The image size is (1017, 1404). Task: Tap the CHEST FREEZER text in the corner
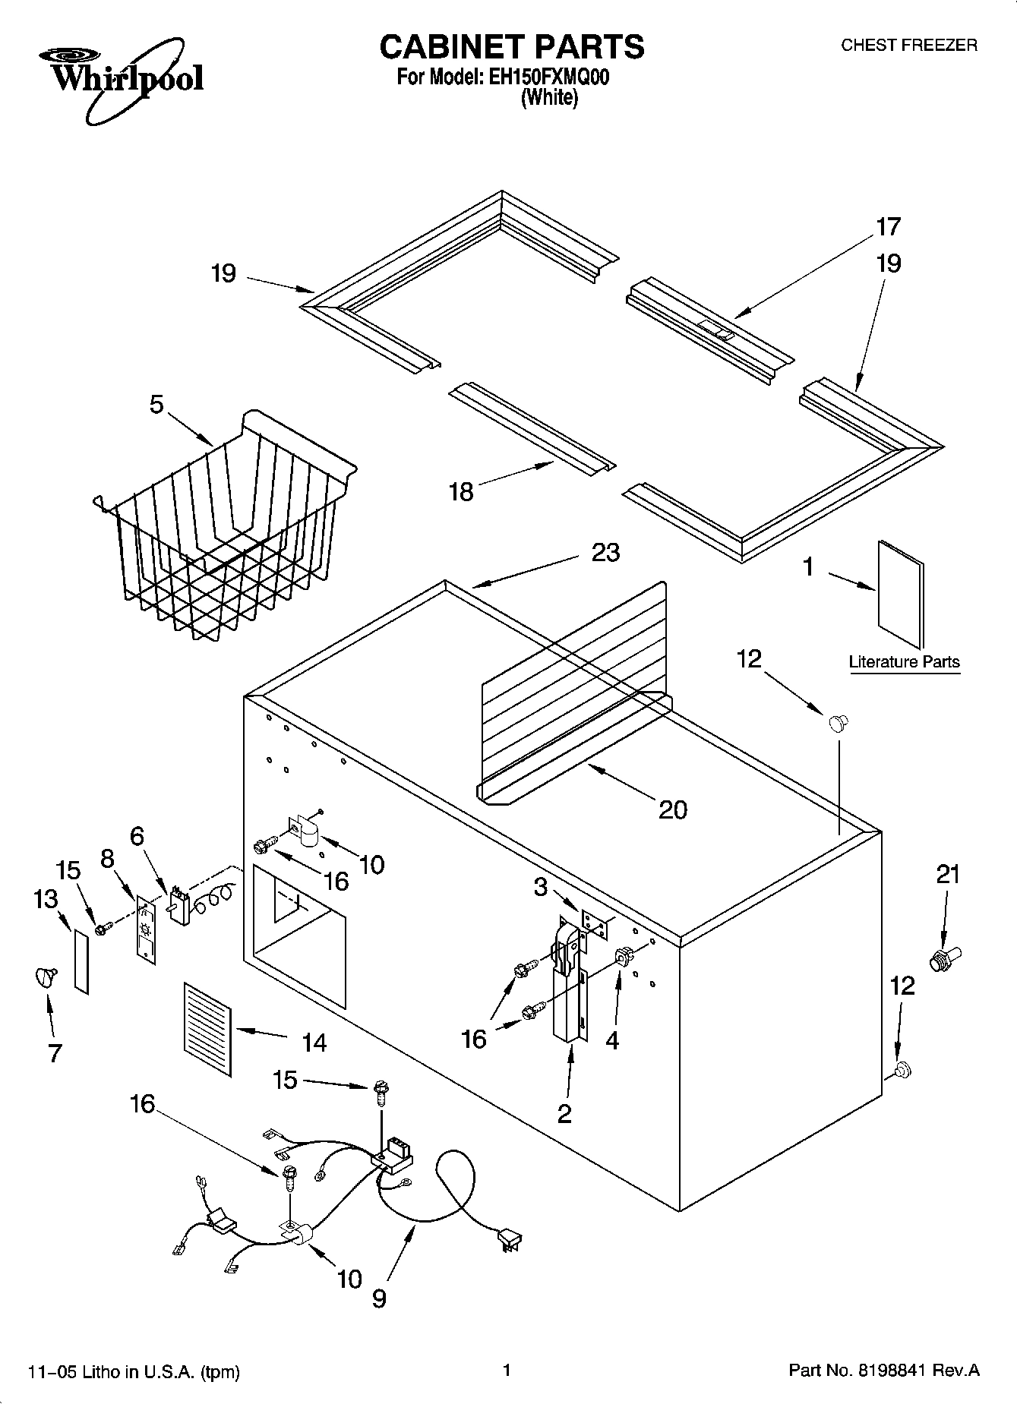point(908,46)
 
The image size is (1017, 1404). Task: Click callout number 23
point(605,553)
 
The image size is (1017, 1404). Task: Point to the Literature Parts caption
point(904,661)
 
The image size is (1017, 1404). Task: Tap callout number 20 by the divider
point(672,809)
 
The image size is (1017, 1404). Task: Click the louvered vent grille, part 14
point(207,1029)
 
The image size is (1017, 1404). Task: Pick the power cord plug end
point(507,1239)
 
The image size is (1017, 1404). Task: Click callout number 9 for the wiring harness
point(379,1298)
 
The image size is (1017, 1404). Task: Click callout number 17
point(888,226)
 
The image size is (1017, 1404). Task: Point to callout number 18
point(461,491)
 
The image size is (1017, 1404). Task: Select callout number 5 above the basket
point(156,405)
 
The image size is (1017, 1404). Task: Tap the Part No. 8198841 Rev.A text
point(884,1371)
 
